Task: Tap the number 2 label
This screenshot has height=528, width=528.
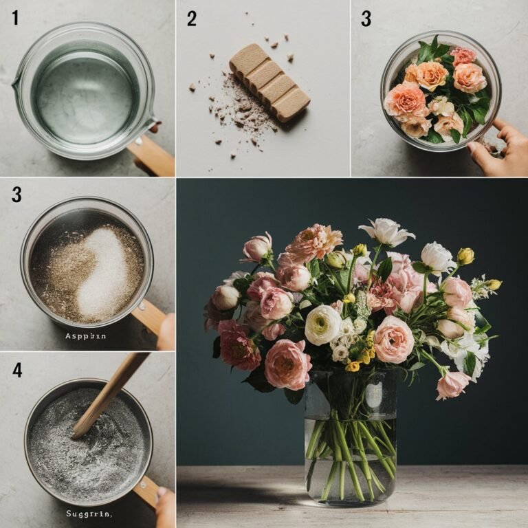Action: [192, 19]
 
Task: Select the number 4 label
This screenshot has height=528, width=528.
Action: [16, 371]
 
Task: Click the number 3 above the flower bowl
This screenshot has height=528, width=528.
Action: [366, 19]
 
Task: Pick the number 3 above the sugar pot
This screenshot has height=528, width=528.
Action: [16, 195]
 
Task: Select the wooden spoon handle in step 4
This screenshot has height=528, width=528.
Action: [110, 392]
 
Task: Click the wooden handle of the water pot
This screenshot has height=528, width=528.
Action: [151, 155]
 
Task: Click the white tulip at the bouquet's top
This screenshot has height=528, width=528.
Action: [386, 232]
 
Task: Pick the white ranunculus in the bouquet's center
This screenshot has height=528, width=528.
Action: [322, 324]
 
